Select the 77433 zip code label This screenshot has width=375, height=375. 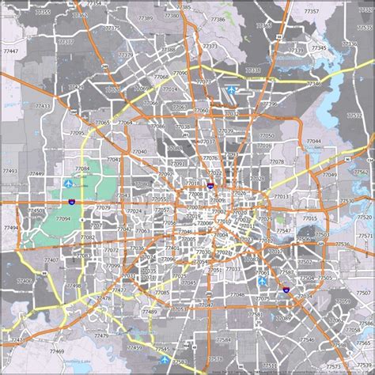[41, 105]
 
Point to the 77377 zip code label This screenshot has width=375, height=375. [125, 55]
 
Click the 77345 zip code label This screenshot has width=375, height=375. [318, 48]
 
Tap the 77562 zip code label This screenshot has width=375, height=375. [361, 172]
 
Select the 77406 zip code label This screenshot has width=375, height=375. [24, 281]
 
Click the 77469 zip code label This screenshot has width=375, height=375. [55, 350]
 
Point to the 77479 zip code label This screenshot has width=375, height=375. [101, 336]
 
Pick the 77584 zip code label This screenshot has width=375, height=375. [224, 339]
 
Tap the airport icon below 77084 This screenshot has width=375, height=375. [66, 184]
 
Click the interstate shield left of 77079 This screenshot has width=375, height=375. [73, 203]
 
